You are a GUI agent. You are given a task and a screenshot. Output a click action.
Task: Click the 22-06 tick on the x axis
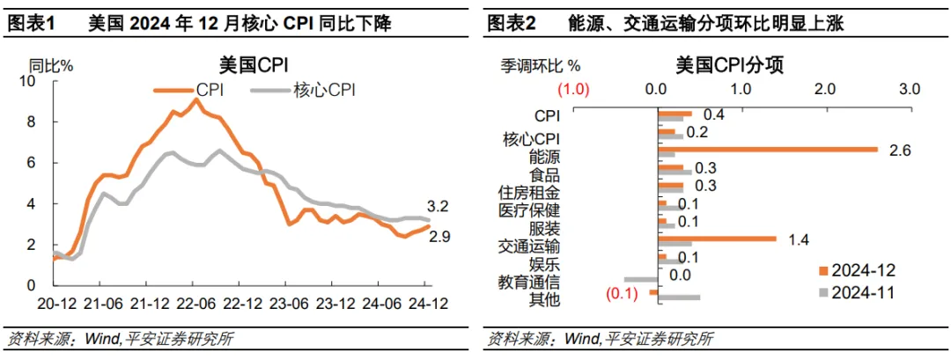tap(196, 301)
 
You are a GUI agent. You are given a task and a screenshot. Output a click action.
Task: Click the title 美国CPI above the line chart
tap(254, 65)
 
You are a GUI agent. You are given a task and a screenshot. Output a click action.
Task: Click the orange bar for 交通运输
tap(717, 239)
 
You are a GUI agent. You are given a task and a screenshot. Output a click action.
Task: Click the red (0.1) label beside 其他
tap(623, 293)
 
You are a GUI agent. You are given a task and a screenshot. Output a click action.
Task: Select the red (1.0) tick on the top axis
tap(572, 89)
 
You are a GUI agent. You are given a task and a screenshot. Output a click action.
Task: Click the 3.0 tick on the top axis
tap(909, 89)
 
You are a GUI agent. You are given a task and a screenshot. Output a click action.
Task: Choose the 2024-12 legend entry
tap(850, 269)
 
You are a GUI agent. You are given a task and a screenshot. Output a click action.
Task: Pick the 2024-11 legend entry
tap(850, 292)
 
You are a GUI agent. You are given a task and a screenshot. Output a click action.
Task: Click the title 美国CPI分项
tap(730, 65)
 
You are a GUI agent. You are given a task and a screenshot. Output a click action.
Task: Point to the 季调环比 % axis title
tap(542, 65)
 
